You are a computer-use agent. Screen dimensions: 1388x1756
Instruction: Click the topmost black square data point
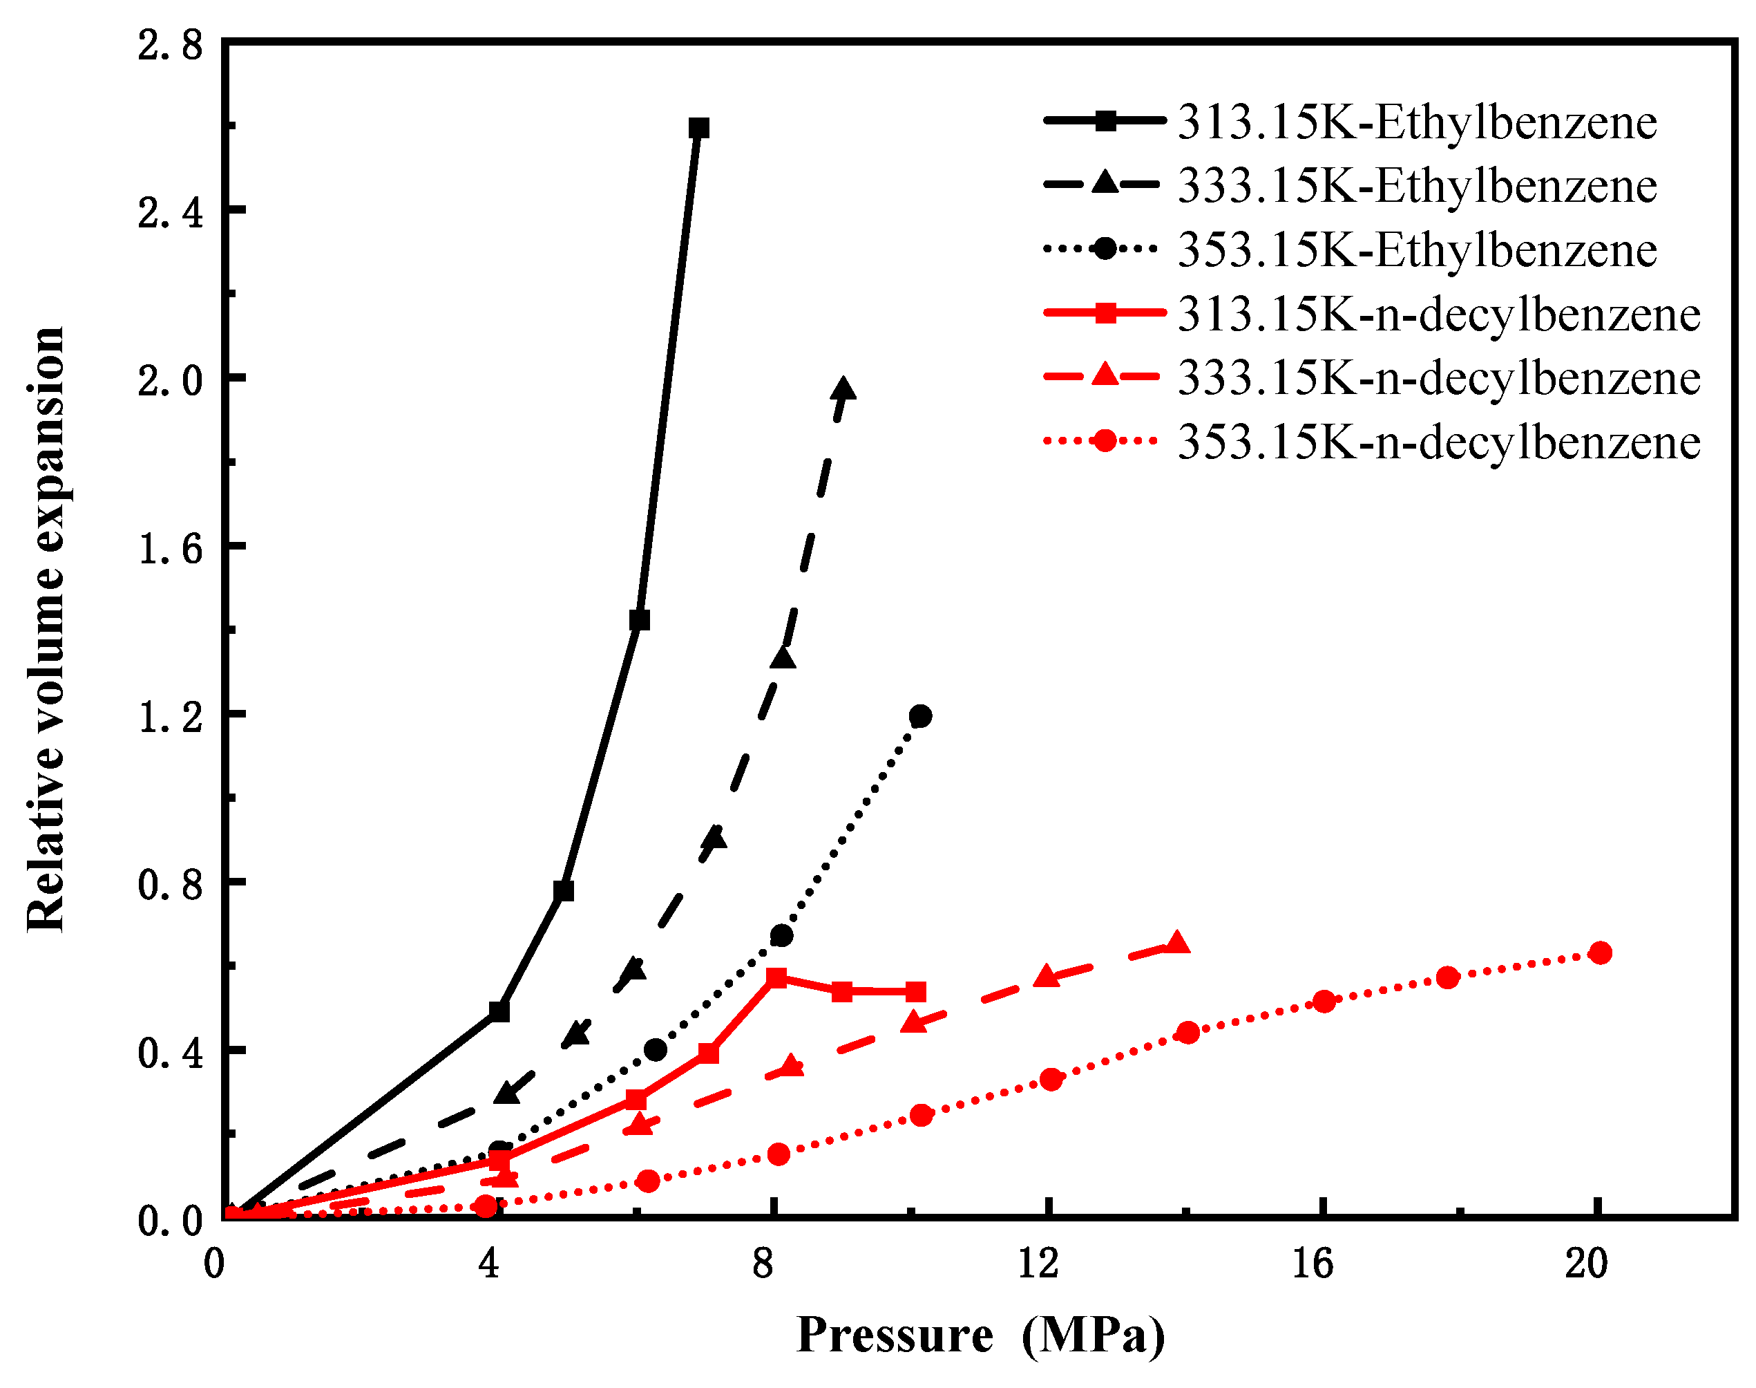click(698, 129)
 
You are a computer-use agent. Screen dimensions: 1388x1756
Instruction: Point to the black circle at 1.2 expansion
click(920, 716)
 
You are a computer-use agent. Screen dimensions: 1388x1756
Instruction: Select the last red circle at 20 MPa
click(1599, 953)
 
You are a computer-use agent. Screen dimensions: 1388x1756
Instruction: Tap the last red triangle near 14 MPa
click(1177, 944)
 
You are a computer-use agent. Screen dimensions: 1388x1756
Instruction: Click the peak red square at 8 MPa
click(776, 977)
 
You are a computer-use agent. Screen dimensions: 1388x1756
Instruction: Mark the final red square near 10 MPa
click(915, 991)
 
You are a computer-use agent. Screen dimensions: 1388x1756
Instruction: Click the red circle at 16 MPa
click(1324, 1001)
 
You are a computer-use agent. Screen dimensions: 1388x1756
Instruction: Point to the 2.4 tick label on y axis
click(170, 214)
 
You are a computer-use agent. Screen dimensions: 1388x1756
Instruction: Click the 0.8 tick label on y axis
click(170, 884)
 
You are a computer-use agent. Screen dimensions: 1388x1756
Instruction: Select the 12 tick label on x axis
click(1038, 1264)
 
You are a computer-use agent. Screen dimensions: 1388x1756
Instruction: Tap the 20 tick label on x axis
click(1586, 1264)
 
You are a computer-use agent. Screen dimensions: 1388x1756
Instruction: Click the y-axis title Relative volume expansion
click(46, 630)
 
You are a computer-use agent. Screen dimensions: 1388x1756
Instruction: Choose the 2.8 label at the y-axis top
click(170, 45)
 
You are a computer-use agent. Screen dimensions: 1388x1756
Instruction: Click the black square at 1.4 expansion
click(639, 620)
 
